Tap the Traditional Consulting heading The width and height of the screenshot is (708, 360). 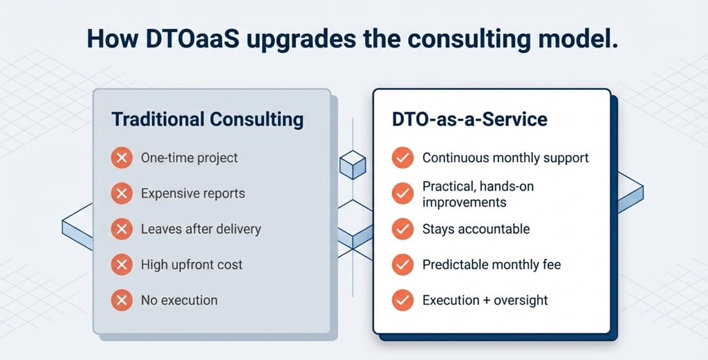pyautogui.click(x=207, y=120)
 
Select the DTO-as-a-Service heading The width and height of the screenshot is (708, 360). pyautogui.click(x=469, y=120)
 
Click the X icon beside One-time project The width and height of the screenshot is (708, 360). pyautogui.click(x=122, y=158)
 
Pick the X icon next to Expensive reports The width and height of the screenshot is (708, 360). pyautogui.click(x=122, y=193)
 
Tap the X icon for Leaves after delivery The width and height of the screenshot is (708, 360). pyautogui.click(x=122, y=229)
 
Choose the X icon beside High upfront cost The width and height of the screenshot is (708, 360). pyautogui.click(x=122, y=265)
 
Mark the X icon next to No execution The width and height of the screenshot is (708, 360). pyautogui.click(x=122, y=300)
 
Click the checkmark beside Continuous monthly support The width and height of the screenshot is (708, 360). pyautogui.click(x=402, y=158)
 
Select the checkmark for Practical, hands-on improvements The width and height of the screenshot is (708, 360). pyautogui.click(x=402, y=193)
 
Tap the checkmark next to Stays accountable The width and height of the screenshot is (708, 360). pyautogui.click(x=402, y=229)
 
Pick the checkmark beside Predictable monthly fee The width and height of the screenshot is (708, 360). pyautogui.click(x=402, y=265)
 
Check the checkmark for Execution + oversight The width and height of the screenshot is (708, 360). pyautogui.click(x=402, y=300)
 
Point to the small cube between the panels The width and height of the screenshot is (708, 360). pyautogui.click(x=352, y=164)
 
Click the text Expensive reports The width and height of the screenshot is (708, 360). pyautogui.click(x=193, y=193)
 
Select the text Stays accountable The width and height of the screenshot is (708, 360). pyautogui.click(x=476, y=229)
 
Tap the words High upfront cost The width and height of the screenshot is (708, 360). pyautogui.click(x=192, y=265)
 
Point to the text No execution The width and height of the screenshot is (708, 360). pyautogui.click(x=179, y=300)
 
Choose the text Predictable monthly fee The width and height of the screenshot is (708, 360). pyautogui.click(x=492, y=265)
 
